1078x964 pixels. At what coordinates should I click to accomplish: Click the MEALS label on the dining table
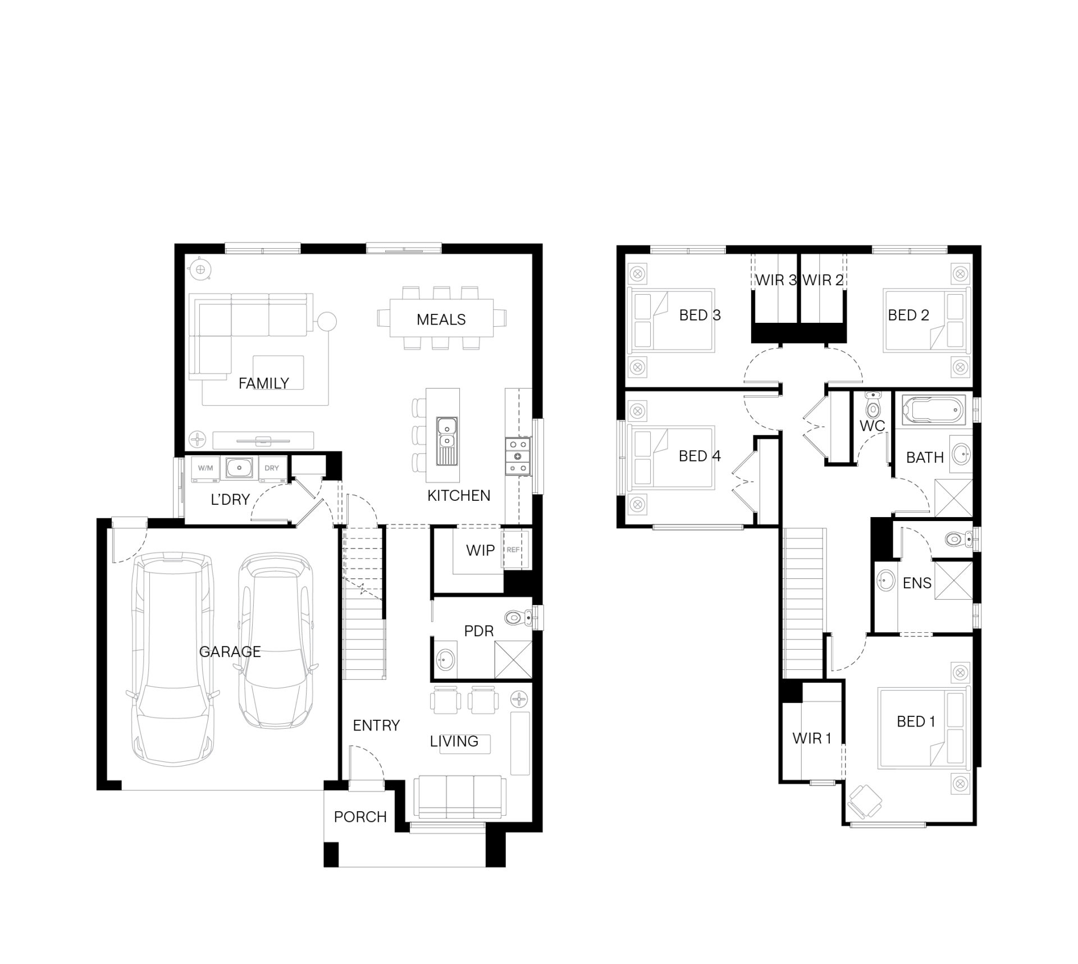441,319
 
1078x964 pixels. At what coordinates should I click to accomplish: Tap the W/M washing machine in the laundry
205,468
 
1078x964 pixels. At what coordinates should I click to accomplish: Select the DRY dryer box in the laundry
272,468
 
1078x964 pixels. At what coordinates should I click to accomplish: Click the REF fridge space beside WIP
513,550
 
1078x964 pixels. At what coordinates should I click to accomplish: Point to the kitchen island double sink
447,434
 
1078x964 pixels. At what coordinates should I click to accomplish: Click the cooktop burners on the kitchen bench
518,456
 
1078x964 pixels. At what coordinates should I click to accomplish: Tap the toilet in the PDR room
515,618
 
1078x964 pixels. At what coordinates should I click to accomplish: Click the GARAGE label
230,652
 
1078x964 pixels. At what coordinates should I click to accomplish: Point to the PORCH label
360,817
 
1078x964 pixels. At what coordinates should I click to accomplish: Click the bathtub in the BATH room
934,410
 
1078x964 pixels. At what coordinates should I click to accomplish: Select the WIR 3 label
775,280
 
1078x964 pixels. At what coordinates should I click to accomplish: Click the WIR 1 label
811,738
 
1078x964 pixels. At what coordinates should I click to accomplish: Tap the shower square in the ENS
952,581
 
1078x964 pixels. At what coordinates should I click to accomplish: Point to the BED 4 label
699,456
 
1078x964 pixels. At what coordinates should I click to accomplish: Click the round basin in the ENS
885,580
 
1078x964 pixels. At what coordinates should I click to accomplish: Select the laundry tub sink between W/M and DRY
239,467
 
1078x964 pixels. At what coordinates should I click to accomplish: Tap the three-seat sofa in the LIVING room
457,797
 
